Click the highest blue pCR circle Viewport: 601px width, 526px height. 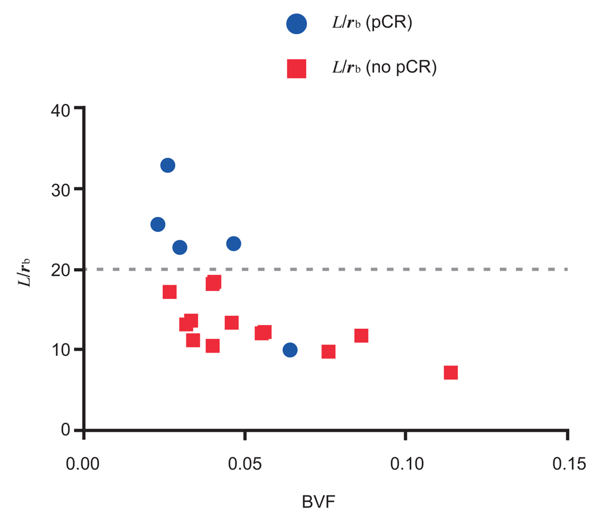click(168, 165)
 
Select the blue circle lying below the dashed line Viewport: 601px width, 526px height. click(290, 350)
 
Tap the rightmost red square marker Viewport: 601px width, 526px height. click(451, 373)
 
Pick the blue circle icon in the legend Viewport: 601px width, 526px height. click(296, 24)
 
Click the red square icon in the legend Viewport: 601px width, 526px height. click(296, 68)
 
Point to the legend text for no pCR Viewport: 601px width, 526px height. click(384, 67)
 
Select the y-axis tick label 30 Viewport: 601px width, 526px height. click(61, 189)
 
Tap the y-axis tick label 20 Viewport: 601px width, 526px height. click(61, 270)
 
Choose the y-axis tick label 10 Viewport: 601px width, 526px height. click(61, 349)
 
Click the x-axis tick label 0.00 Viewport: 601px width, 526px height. click(83, 463)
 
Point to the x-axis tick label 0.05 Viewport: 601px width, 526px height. click(244, 463)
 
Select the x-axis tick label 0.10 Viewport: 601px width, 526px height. click(406, 463)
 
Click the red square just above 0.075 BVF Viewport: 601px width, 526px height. click(329, 352)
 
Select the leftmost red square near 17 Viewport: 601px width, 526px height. click(170, 292)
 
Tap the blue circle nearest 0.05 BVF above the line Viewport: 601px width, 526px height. click(234, 244)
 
